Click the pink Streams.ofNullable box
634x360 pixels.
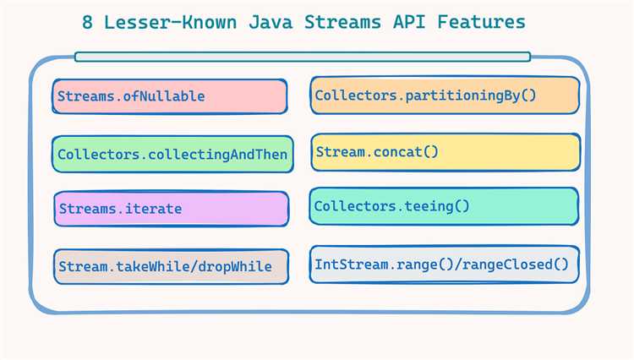(x=169, y=96)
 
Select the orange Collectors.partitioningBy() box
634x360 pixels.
(x=445, y=95)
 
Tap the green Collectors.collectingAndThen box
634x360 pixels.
(x=172, y=154)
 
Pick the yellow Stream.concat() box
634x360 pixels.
(x=445, y=152)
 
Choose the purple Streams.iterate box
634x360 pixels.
(x=172, y=209)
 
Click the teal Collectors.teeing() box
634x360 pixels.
(x=444, y=206)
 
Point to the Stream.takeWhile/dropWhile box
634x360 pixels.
(x=171, y=267)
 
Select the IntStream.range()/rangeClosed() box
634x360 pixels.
(x=444, y=265)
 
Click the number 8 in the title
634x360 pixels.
(x=87, y=22)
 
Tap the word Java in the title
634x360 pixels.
(x=271, y=22)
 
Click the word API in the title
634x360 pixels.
(x=409, y=22)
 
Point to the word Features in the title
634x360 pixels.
(x=481, y=22)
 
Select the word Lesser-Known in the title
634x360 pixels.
(x=170, y=22)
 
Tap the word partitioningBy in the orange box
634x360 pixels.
(x=462, y=95)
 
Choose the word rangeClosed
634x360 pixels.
(x=507, y=265)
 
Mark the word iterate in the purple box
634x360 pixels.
(x=153, y=209)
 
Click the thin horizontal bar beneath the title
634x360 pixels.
(x=303, y=57)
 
